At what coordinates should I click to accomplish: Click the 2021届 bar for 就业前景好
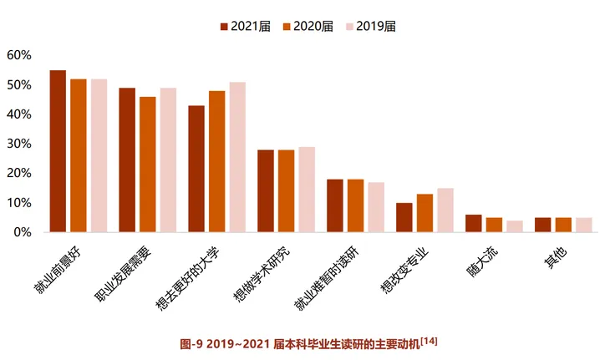[x=58, y=151]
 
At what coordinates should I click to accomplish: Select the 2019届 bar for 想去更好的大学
[x=237, y=157]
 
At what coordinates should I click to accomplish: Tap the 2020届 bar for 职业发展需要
[x=148, y=165]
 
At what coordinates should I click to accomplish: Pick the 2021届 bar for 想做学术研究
[x=266, y=190]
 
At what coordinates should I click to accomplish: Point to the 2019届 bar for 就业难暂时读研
[x=376, y=207]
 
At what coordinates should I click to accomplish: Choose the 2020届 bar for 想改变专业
[x=424, y=213]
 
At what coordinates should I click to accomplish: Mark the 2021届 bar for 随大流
[x=474, y=223]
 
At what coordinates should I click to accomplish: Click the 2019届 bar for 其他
[x=583, y=225]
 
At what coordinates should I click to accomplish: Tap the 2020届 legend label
[x=314, y=27]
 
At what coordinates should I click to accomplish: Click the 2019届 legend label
[x=376, y=27]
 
